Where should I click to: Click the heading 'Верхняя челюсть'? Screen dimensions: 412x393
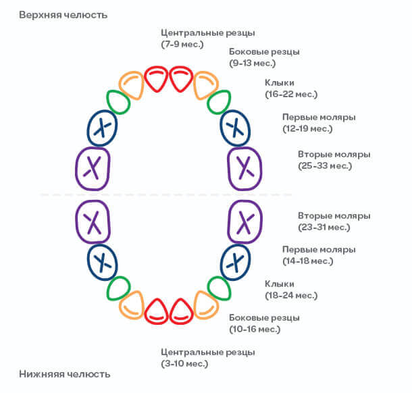pos(63,15)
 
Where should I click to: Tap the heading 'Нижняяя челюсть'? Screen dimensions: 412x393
pos(65,374)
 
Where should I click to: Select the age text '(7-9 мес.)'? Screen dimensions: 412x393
pos(182,44)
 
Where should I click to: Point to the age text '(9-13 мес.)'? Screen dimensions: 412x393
pos(252,63)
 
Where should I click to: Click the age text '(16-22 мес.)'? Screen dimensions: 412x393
pos(291,94)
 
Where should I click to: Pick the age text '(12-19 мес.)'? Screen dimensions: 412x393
pos(307,129)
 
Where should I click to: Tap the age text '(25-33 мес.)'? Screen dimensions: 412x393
pos(325,165)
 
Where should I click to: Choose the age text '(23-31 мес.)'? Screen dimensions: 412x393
pos(324,228)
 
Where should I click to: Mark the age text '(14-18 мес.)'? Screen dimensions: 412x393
pos(308,261)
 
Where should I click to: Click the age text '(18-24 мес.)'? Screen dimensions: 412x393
pos(291,296)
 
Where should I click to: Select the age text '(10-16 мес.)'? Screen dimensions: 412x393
pos(255,329)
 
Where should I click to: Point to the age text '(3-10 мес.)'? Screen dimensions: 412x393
pos(184,363)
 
